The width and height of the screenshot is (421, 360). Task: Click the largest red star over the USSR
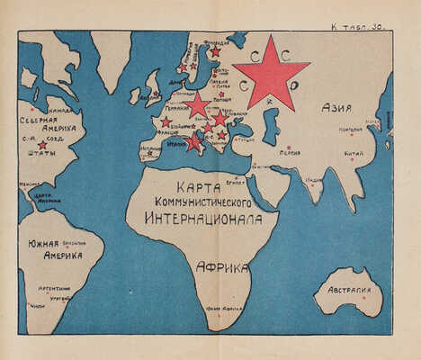pos(271,73)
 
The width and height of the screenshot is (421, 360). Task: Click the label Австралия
pos(348,291)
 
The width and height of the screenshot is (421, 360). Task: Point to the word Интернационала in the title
pos(207,218)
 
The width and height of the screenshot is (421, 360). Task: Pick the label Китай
pos(354,154)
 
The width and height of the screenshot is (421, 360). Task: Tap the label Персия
pos(289,153)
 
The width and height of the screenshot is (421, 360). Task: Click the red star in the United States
pos(42,145)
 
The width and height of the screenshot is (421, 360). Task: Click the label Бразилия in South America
pos(74,242)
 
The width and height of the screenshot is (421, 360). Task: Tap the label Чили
pos(37,306)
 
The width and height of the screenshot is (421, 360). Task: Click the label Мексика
pos(30,183)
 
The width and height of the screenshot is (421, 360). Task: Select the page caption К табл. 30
pos(358,28)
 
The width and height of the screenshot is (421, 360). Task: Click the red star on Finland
pos(214,52)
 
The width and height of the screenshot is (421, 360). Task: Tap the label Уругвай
pos(60,297)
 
